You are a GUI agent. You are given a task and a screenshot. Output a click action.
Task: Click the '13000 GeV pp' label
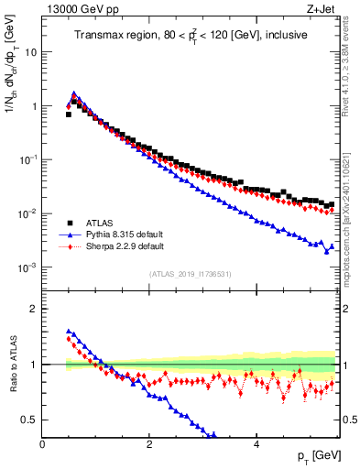[x=75, y=7]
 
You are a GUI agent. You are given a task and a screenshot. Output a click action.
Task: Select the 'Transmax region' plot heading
[x=191, y=36]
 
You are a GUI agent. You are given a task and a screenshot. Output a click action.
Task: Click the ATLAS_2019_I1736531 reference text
[x=191, y=274]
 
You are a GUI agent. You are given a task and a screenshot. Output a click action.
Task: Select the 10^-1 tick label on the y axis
[x=27, y=160]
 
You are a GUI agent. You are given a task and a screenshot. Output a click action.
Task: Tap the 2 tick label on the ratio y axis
[x=34, y=309]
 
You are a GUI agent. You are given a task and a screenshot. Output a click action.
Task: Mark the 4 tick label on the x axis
[x=256, y=444]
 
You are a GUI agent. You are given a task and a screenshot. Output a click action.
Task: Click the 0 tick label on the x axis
[x=43, y=444]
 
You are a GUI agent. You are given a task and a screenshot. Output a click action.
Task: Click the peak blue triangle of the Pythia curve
[x=74, y=93]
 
